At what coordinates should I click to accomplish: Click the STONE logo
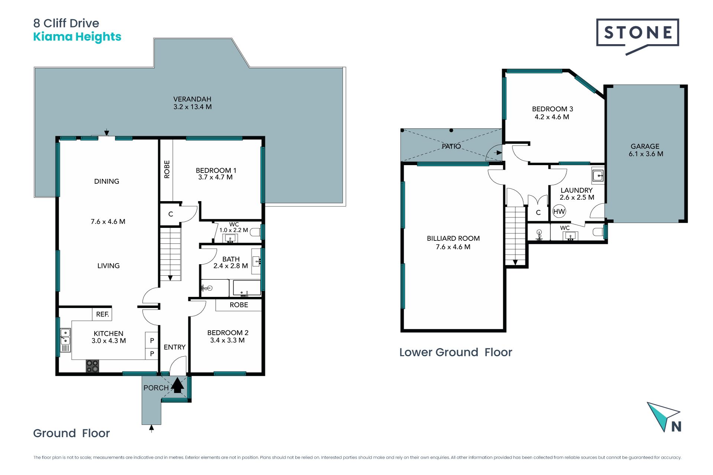click(x=638, y=36)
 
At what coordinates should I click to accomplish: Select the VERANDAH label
click(x=192, y=99)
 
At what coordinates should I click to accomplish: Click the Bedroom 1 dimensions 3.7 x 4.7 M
click(x=215, y=177)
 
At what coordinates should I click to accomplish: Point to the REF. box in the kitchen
click(x=102, y=314)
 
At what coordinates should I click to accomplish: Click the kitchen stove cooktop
click(x=92, y=366)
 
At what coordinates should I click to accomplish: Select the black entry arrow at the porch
click(x=178, y=385)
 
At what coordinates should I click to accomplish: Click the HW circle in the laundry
click(x=559, y=212)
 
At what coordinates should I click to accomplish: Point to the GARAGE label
click(x=645, y=146)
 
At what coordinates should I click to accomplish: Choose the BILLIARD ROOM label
click(x=453, y=238)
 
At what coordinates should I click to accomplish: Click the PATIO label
click(x=451, y=146)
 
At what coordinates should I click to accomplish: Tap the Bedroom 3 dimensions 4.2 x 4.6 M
click(x=552, y=117)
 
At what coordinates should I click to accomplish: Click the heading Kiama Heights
click(x=77, y=37)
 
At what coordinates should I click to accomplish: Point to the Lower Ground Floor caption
click(x=456, y=352)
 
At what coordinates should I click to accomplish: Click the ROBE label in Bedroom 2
click(x=239, y=305)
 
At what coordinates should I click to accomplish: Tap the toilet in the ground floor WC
click(x=255, y=232)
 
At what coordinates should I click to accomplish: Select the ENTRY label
click(x=175, y=347)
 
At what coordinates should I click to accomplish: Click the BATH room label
click(x=231, y=259)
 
